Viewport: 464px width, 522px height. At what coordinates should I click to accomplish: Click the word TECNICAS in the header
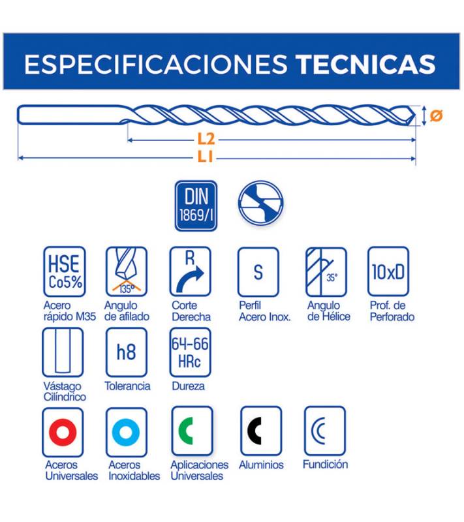click(x=366, y=64)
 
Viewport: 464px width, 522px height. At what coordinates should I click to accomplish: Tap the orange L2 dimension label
click(x=206, y=140)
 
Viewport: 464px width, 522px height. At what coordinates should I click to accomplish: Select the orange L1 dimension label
click(x=205, y=157)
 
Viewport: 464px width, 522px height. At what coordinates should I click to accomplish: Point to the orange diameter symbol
click(x=436, y=115)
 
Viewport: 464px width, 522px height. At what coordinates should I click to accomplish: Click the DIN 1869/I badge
click(x=196, y=206)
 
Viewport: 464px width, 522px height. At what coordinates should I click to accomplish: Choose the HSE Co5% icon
click(x=65, y=271)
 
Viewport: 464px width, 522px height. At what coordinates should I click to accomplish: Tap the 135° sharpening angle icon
click(x=127, y=271)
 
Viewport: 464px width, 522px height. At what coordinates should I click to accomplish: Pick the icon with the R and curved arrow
click(x=191, y=271)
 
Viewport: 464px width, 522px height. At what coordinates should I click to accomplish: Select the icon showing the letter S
click(x=258, y=272)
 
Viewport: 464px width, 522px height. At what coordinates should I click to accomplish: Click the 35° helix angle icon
click(x=326, y=272)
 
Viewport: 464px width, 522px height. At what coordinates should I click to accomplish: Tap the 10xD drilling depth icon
click(x=388, y=271)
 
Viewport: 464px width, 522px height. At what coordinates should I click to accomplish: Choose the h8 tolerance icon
click(x=127, y=352)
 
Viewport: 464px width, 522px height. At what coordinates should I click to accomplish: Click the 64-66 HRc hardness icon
click(x=191, y=352)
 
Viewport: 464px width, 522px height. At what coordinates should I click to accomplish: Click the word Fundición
click(x=326, y=464)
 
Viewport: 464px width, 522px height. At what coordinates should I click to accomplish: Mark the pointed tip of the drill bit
click(x=416, y=115)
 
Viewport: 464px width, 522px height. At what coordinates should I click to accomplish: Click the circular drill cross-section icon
click(x=260, y=202)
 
